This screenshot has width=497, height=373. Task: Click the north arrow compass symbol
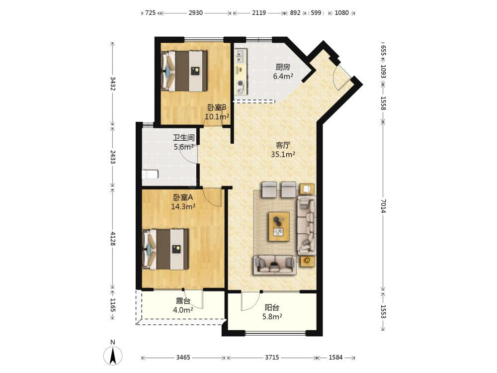[x=112, y=355]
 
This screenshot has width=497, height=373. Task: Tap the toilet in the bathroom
[x=150, y=174]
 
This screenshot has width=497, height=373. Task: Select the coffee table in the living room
[x=279, y=226]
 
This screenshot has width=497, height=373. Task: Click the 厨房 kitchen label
[x=283, y=67]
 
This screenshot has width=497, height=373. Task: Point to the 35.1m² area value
[x=283, y=155]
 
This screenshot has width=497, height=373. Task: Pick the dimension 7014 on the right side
[x=383, y=206]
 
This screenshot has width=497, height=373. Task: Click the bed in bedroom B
[x=184, y=71]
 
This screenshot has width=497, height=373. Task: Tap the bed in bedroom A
[x=166, y=250]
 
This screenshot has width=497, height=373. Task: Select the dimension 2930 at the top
[x=195, y=13]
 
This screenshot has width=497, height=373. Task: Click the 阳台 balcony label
[x=272, y=307]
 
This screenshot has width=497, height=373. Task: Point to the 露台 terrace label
[x=183, y=301]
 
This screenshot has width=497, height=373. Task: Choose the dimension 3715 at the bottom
[x=272, y=358]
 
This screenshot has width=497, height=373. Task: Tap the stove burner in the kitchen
[x=241, y=85]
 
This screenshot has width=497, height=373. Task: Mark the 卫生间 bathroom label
[x=183, y=138]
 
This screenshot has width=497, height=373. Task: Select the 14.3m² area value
[x=183, y=207]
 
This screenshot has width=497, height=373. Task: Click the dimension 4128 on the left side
[x=112, y=238]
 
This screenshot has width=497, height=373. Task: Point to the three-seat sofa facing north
[x=274, y=265]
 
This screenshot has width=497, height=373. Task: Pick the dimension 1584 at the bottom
[x=335, y=358]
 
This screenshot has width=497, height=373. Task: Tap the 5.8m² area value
[x=272, y=316]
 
